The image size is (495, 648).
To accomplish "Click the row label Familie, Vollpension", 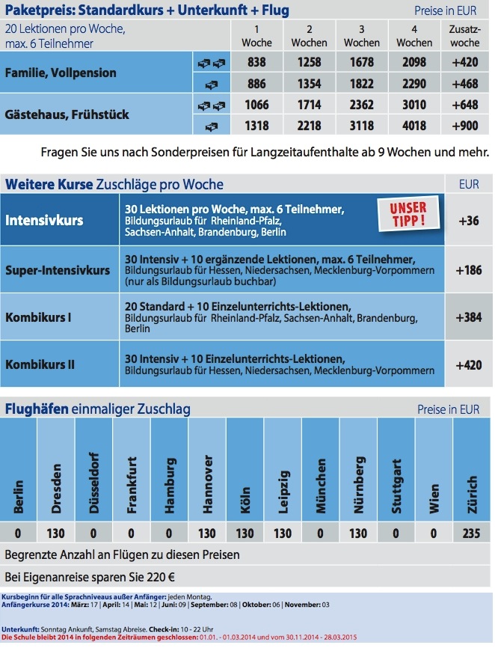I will (x=61, y=73).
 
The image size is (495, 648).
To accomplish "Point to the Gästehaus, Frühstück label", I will (x=67, y=114).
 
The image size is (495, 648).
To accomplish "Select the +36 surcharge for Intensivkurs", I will (x=468, y=221).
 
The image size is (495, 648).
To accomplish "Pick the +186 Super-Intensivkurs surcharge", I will (x=468, y=269).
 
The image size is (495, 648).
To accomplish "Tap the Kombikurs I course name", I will (x=38, y=317).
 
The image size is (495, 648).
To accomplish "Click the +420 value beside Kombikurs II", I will (x=468, y=365).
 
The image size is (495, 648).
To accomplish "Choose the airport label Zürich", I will (x=472, y=496).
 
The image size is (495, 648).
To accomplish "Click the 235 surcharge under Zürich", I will (x=472, y=534).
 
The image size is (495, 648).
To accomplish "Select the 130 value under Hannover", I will (x=208, y=534).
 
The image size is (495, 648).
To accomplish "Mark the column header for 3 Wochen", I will (x=362, y=35).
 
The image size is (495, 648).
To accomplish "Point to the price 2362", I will (x=362, y=104).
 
